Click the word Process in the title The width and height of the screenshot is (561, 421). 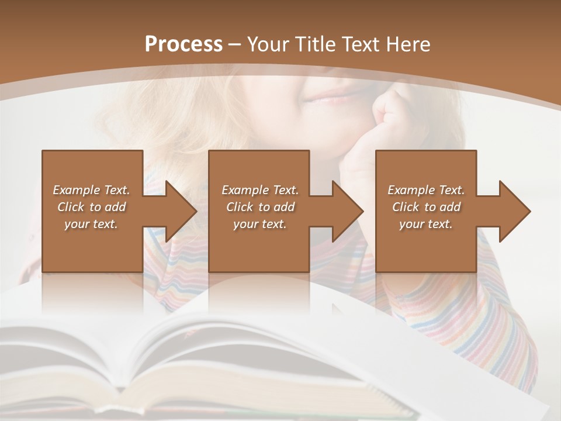tap(183, 44)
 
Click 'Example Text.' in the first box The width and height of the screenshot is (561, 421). tap(91, 190)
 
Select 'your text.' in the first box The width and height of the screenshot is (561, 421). tap(91, 224)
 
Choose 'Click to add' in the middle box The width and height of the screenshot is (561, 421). tap(260, 207)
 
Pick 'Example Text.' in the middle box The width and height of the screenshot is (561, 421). tap(260, 190)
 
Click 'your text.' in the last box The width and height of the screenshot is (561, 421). tap(426, 224)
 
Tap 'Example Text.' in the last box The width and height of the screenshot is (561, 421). tap(426, 190)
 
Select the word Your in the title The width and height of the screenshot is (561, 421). tap(267, 44)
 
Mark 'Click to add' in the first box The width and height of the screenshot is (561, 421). tap(91, 207)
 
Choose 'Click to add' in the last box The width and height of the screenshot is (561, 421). tap(426, 207)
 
